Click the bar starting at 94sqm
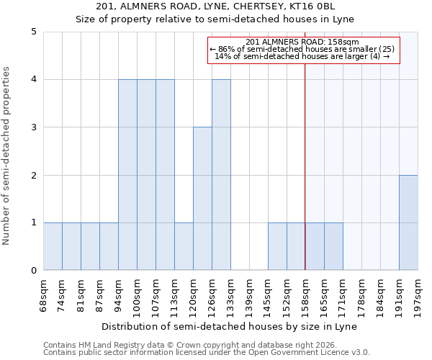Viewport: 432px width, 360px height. click(x=127, y=175)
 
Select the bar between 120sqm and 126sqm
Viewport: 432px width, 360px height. click(x=202, y=199)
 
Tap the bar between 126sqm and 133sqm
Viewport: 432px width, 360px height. click(x=221, y=175)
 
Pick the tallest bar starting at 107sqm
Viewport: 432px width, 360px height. click(x=165, y=175)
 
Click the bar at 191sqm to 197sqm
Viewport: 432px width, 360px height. click(x=408, y=222)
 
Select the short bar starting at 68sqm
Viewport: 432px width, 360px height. click(x=53, y=246)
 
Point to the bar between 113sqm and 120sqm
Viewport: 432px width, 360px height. click(x=184, y=246)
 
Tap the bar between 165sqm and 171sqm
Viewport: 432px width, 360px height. click(x=333, y=246)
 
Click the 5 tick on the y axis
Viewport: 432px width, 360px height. click(x=33, y=32)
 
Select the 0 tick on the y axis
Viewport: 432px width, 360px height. click(x=33, y=271)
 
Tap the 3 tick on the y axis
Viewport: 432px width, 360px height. click(x=33, y=127)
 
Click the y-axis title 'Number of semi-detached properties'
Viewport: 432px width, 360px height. click(x=7, y=156)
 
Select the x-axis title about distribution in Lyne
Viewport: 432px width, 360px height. click(x=230, y=326)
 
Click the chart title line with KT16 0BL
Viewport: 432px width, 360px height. click(x=230, y=6)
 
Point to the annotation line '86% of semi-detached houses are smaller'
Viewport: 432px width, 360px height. click(x=302, y=49)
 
